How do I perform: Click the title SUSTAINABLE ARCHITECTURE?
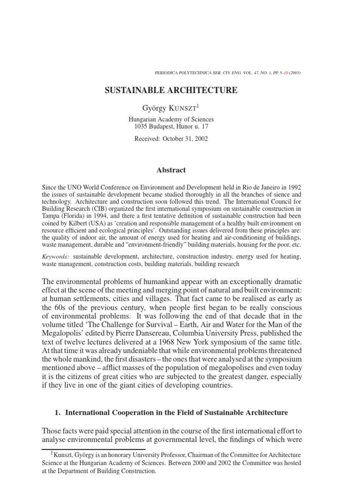point(171,90)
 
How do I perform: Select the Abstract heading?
point(171,170)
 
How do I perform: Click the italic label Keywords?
point(56,256)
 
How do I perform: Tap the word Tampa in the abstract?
point(51,217)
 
